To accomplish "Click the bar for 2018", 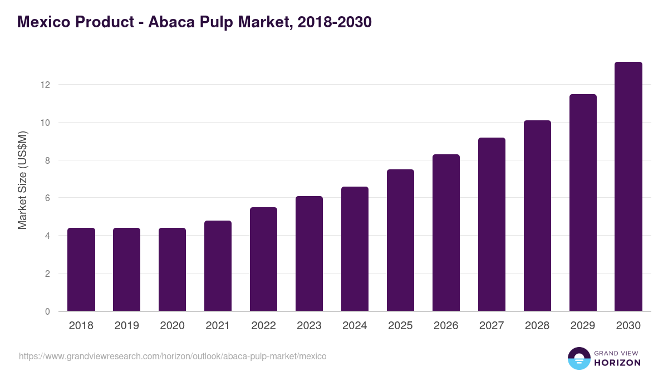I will pyautogui.click(x=81, y=270).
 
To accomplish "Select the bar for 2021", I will pyautogui.click(x=218, y=266).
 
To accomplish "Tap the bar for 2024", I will pyautogui.click(x=355, y=249).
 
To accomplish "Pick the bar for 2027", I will pyautogui.click(x=492, y=224).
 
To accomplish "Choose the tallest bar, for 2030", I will pyautogui.click(x=628, y=187).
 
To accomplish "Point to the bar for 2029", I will pyautogui.click(x=583, y=203).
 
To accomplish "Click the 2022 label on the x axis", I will pyautogui.click(x=263, y=326).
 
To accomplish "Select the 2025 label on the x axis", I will pyautogui.click(x=400, y=326).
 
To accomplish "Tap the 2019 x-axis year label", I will pyautogui.click(x=127, y=326).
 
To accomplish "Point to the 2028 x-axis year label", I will pyautogui.click(x=537, y=326).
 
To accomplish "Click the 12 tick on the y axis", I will pyautogui.click(x=45, y=85).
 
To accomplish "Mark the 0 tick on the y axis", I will pyautogui.click(x=47, y=311).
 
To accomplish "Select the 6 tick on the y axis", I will pyautogui.click(x=47, y=198).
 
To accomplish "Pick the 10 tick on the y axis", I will pyautogui.click(x=45, y=123).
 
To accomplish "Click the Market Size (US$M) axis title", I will pyautogui.click(x=22, y=180).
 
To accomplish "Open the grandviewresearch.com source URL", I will pyautogui.click(x=173, y=356).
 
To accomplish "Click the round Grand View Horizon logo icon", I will pyautogui.click(x=579, y=358).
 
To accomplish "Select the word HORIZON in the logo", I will pyautogui.click(x=617, y=363).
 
